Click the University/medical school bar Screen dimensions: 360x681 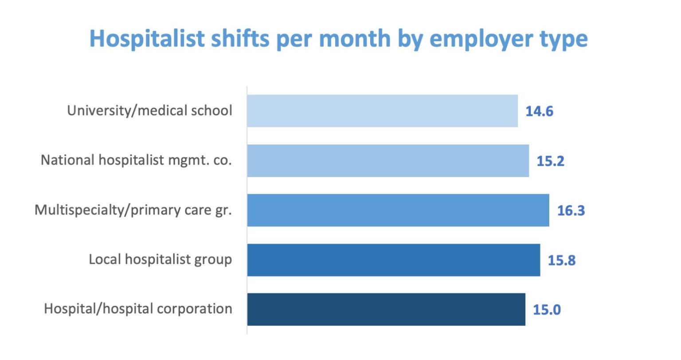pos(382,111)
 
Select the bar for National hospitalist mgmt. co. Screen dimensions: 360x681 pos(388,160)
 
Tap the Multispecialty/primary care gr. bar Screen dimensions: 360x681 pos(398,210)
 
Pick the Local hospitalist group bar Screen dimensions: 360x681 pos(394,260)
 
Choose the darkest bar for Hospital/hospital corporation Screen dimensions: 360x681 pos(386,309)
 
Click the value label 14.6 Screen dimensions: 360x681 pos(539,111)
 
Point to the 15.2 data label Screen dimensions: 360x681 pos(550,161)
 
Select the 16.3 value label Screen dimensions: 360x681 pos(571,211)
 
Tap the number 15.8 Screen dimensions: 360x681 pos(561,260)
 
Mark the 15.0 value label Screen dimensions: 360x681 pos(546,310)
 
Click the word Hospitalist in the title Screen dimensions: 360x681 pos(147,39)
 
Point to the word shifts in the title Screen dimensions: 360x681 pos(239,39)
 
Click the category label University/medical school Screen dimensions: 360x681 pos(149,110)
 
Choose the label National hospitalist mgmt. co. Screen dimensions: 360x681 pos(136,160)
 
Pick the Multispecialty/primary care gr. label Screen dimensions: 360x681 pos(133,210)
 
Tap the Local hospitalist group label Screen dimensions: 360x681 pos(160,259)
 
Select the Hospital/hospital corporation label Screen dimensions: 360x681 pos(138,309)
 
